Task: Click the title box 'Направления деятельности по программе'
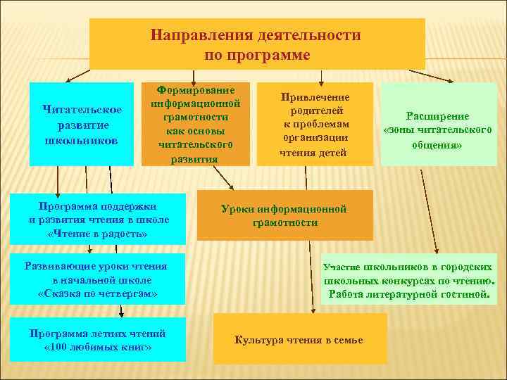pos(257,44)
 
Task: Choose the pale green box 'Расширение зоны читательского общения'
pos(437,125)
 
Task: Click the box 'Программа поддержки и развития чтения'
pos(99,219)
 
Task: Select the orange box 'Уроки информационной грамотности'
pos(284,215)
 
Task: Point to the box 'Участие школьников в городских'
pos(408,280)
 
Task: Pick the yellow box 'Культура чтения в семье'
pos(299,340)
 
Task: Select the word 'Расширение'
pos(437,116)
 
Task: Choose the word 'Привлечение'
pos(315,97)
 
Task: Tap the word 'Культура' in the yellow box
pos(257,340)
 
